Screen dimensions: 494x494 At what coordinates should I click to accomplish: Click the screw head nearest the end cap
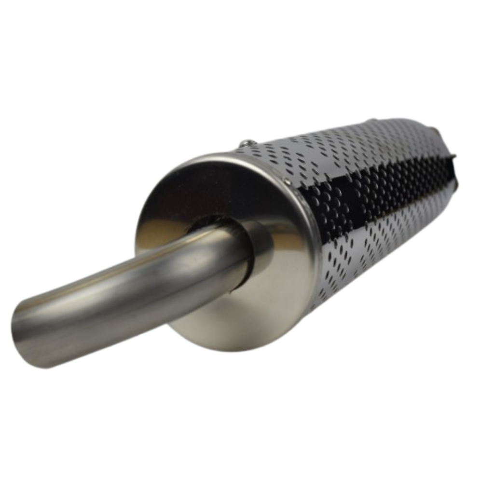[x=247, y=143]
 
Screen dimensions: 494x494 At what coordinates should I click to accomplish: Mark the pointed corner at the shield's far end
[x=454, y=155]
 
